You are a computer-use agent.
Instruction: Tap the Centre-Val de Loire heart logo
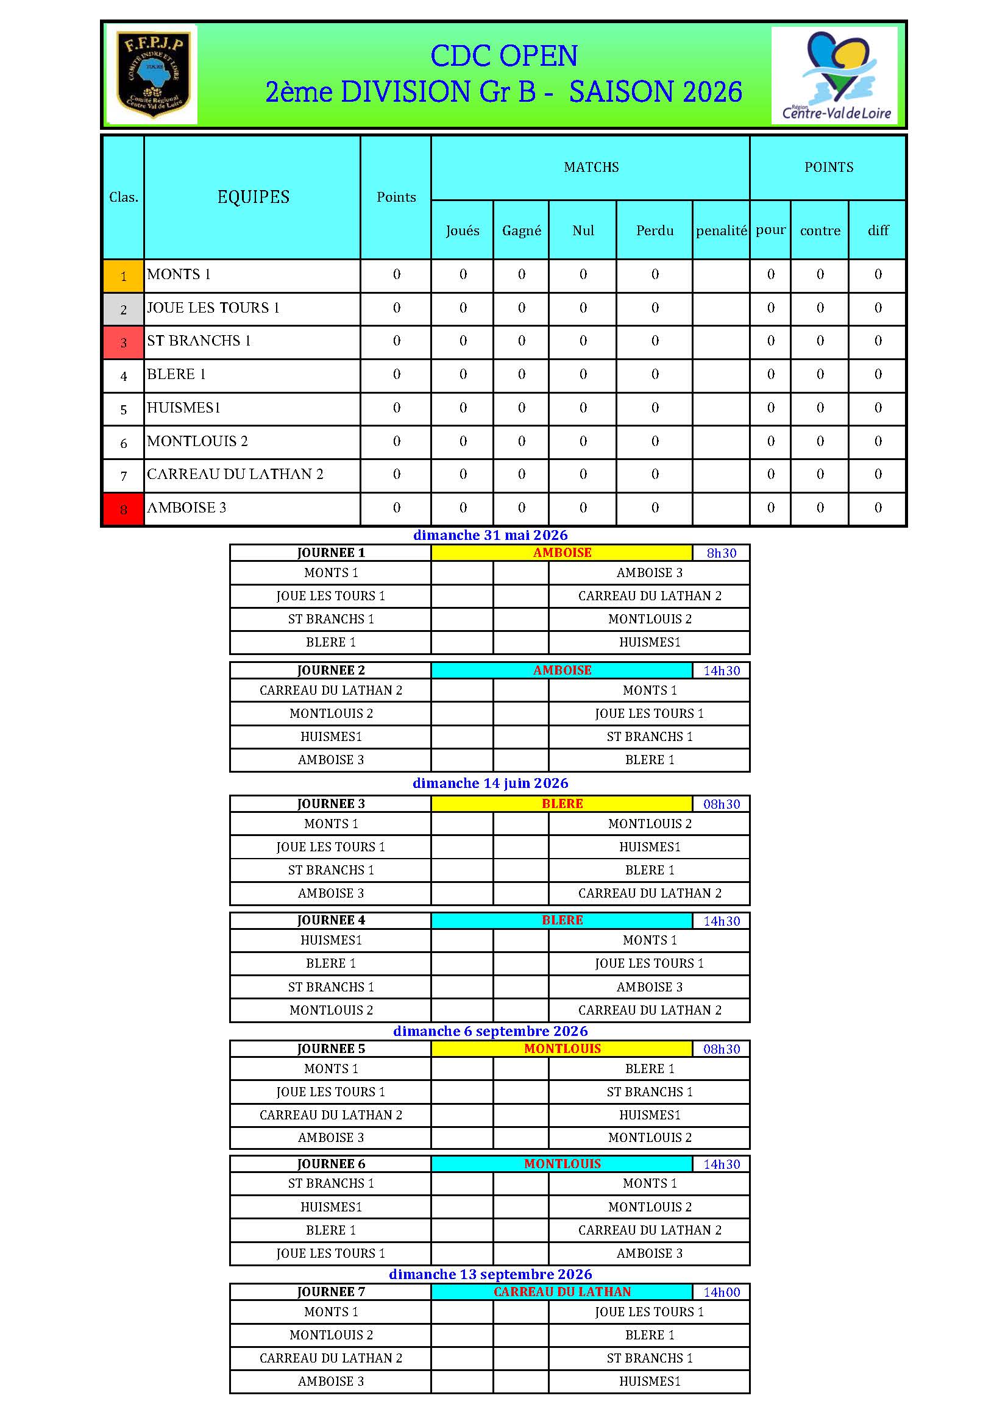836,74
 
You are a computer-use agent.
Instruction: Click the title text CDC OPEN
503,56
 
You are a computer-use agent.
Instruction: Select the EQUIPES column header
254,197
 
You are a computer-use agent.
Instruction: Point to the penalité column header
721,230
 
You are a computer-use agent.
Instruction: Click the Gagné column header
522,230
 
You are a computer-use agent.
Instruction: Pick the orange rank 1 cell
124,276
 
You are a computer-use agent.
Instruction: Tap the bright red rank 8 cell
124,509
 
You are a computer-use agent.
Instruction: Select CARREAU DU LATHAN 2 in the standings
235,474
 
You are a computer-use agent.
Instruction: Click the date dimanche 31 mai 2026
491,535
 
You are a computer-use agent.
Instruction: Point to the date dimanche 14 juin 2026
491,783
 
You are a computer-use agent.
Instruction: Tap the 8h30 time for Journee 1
721,553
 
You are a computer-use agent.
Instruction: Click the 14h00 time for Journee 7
721,1292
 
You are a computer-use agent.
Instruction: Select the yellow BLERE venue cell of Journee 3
562,804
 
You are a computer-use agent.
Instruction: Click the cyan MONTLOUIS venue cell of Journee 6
562,1163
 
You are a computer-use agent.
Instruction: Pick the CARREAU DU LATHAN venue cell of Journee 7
562,1291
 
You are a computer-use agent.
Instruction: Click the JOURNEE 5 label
331,1049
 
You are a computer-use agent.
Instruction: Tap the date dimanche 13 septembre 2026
491,1274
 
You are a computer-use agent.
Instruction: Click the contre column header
820,230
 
